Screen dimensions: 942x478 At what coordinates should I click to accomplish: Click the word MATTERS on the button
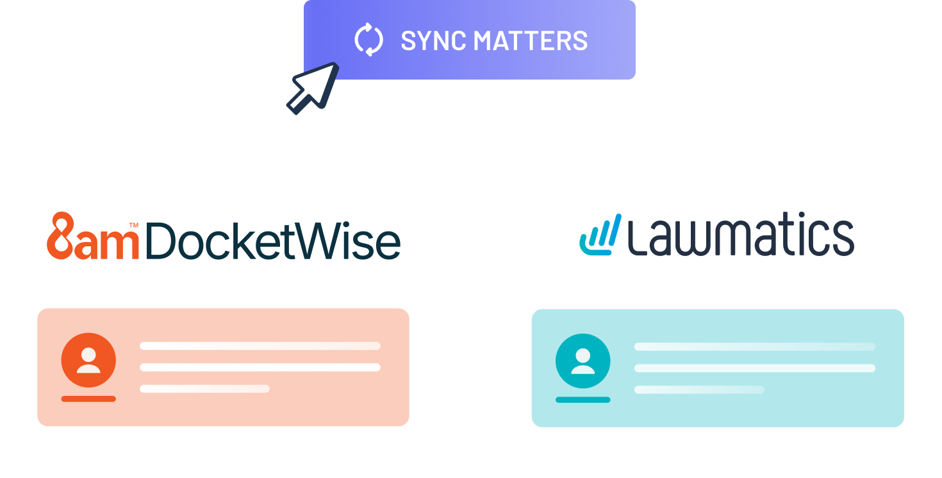pyautogui.click(x=531, y=41)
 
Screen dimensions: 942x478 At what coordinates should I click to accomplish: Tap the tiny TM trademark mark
pyautogui.click(x=134, y=225)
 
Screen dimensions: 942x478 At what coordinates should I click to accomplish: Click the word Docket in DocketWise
pyautogui.click(x=219, y=241)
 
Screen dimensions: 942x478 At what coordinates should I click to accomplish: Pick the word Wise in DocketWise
pyautogui.click(x=347, y=241)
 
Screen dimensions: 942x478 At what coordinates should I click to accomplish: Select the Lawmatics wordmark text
pyautogui.click(x=741, y=234)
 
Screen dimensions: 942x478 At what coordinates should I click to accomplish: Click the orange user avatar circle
pyautogui.click(x=88, y=360)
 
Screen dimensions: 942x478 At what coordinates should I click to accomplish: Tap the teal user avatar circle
pyautogui.click(x=583, y=361)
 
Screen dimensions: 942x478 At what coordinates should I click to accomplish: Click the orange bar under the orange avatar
pyautogui.click(x=88, y=399)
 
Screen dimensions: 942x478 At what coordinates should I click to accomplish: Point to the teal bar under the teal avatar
pyautogui.click(x=583, y=400)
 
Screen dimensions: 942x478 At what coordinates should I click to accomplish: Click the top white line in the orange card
pyautogui.click(x=260, y=346)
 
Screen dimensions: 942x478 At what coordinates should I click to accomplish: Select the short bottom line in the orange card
pyautogui.click(x=205, y=389)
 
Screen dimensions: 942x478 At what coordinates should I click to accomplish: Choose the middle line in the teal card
pyautogui.click(x=755, y=368)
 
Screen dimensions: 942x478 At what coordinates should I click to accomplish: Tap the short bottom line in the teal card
pyautogui.click(x=699, y=389)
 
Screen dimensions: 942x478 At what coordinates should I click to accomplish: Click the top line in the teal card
pyautogui.click(x=755, y=346)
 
